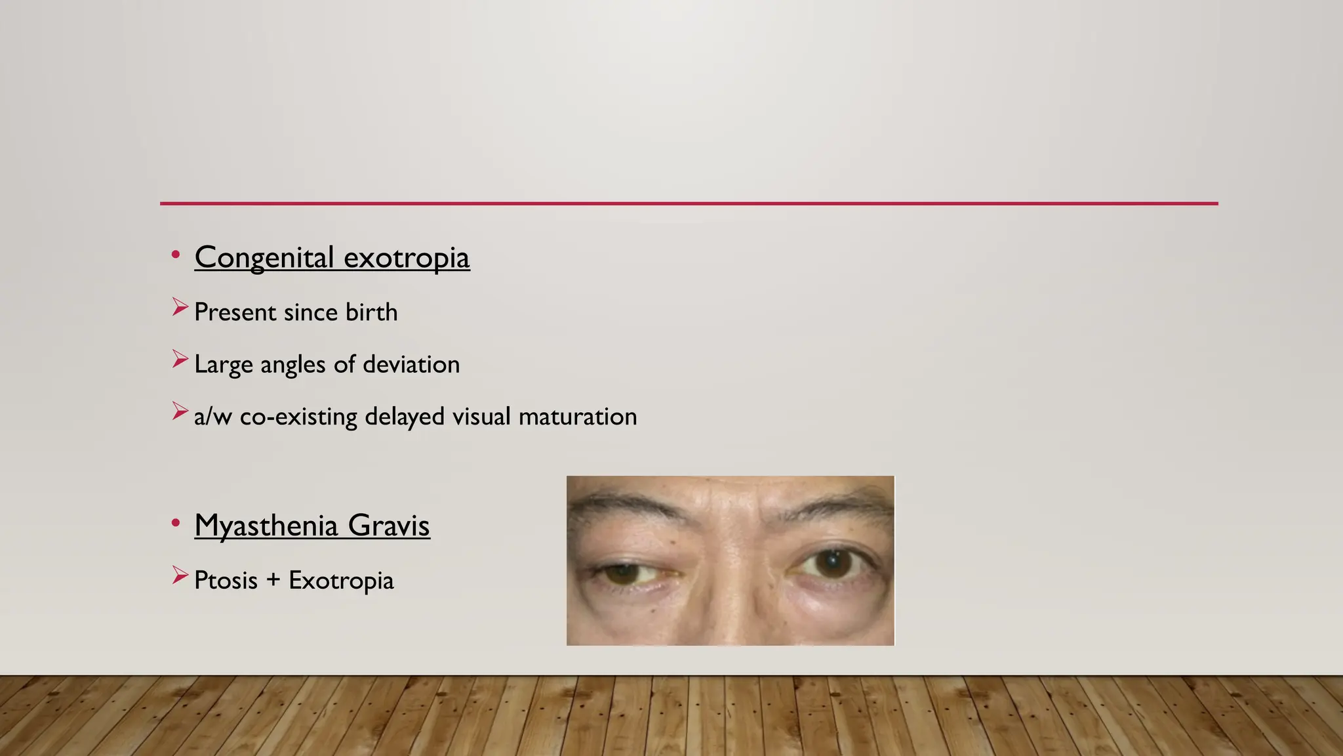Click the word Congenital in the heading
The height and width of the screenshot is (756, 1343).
[x=264, y=257]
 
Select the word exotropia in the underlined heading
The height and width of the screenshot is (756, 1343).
[x=407, y=257]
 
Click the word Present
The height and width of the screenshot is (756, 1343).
[x=235, y=312]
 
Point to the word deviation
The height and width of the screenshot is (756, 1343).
[x=411, y=364]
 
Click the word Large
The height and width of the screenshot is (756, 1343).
[x=223, y=365]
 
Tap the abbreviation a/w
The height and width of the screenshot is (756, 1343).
[x=212, y=417]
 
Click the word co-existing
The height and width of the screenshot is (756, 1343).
[x=298, y=417]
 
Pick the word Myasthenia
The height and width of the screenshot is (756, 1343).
[x=266, y=526]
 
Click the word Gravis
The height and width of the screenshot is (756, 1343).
[x=389, y=526]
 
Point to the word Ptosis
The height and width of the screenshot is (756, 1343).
[x=226, y=581]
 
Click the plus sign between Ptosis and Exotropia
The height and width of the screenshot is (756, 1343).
[x=273, y=581]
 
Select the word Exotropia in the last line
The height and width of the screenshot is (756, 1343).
[x=341, y=581]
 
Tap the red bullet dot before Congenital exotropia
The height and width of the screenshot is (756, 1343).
[x=175, y=255]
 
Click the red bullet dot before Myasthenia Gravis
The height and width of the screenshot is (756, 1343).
[x=175, y=523]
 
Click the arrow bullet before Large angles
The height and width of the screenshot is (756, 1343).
[x=180, y=359]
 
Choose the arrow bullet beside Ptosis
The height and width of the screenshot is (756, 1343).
[x=180, y=576]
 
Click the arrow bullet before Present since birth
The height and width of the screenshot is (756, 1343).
[x=180, y=306]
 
